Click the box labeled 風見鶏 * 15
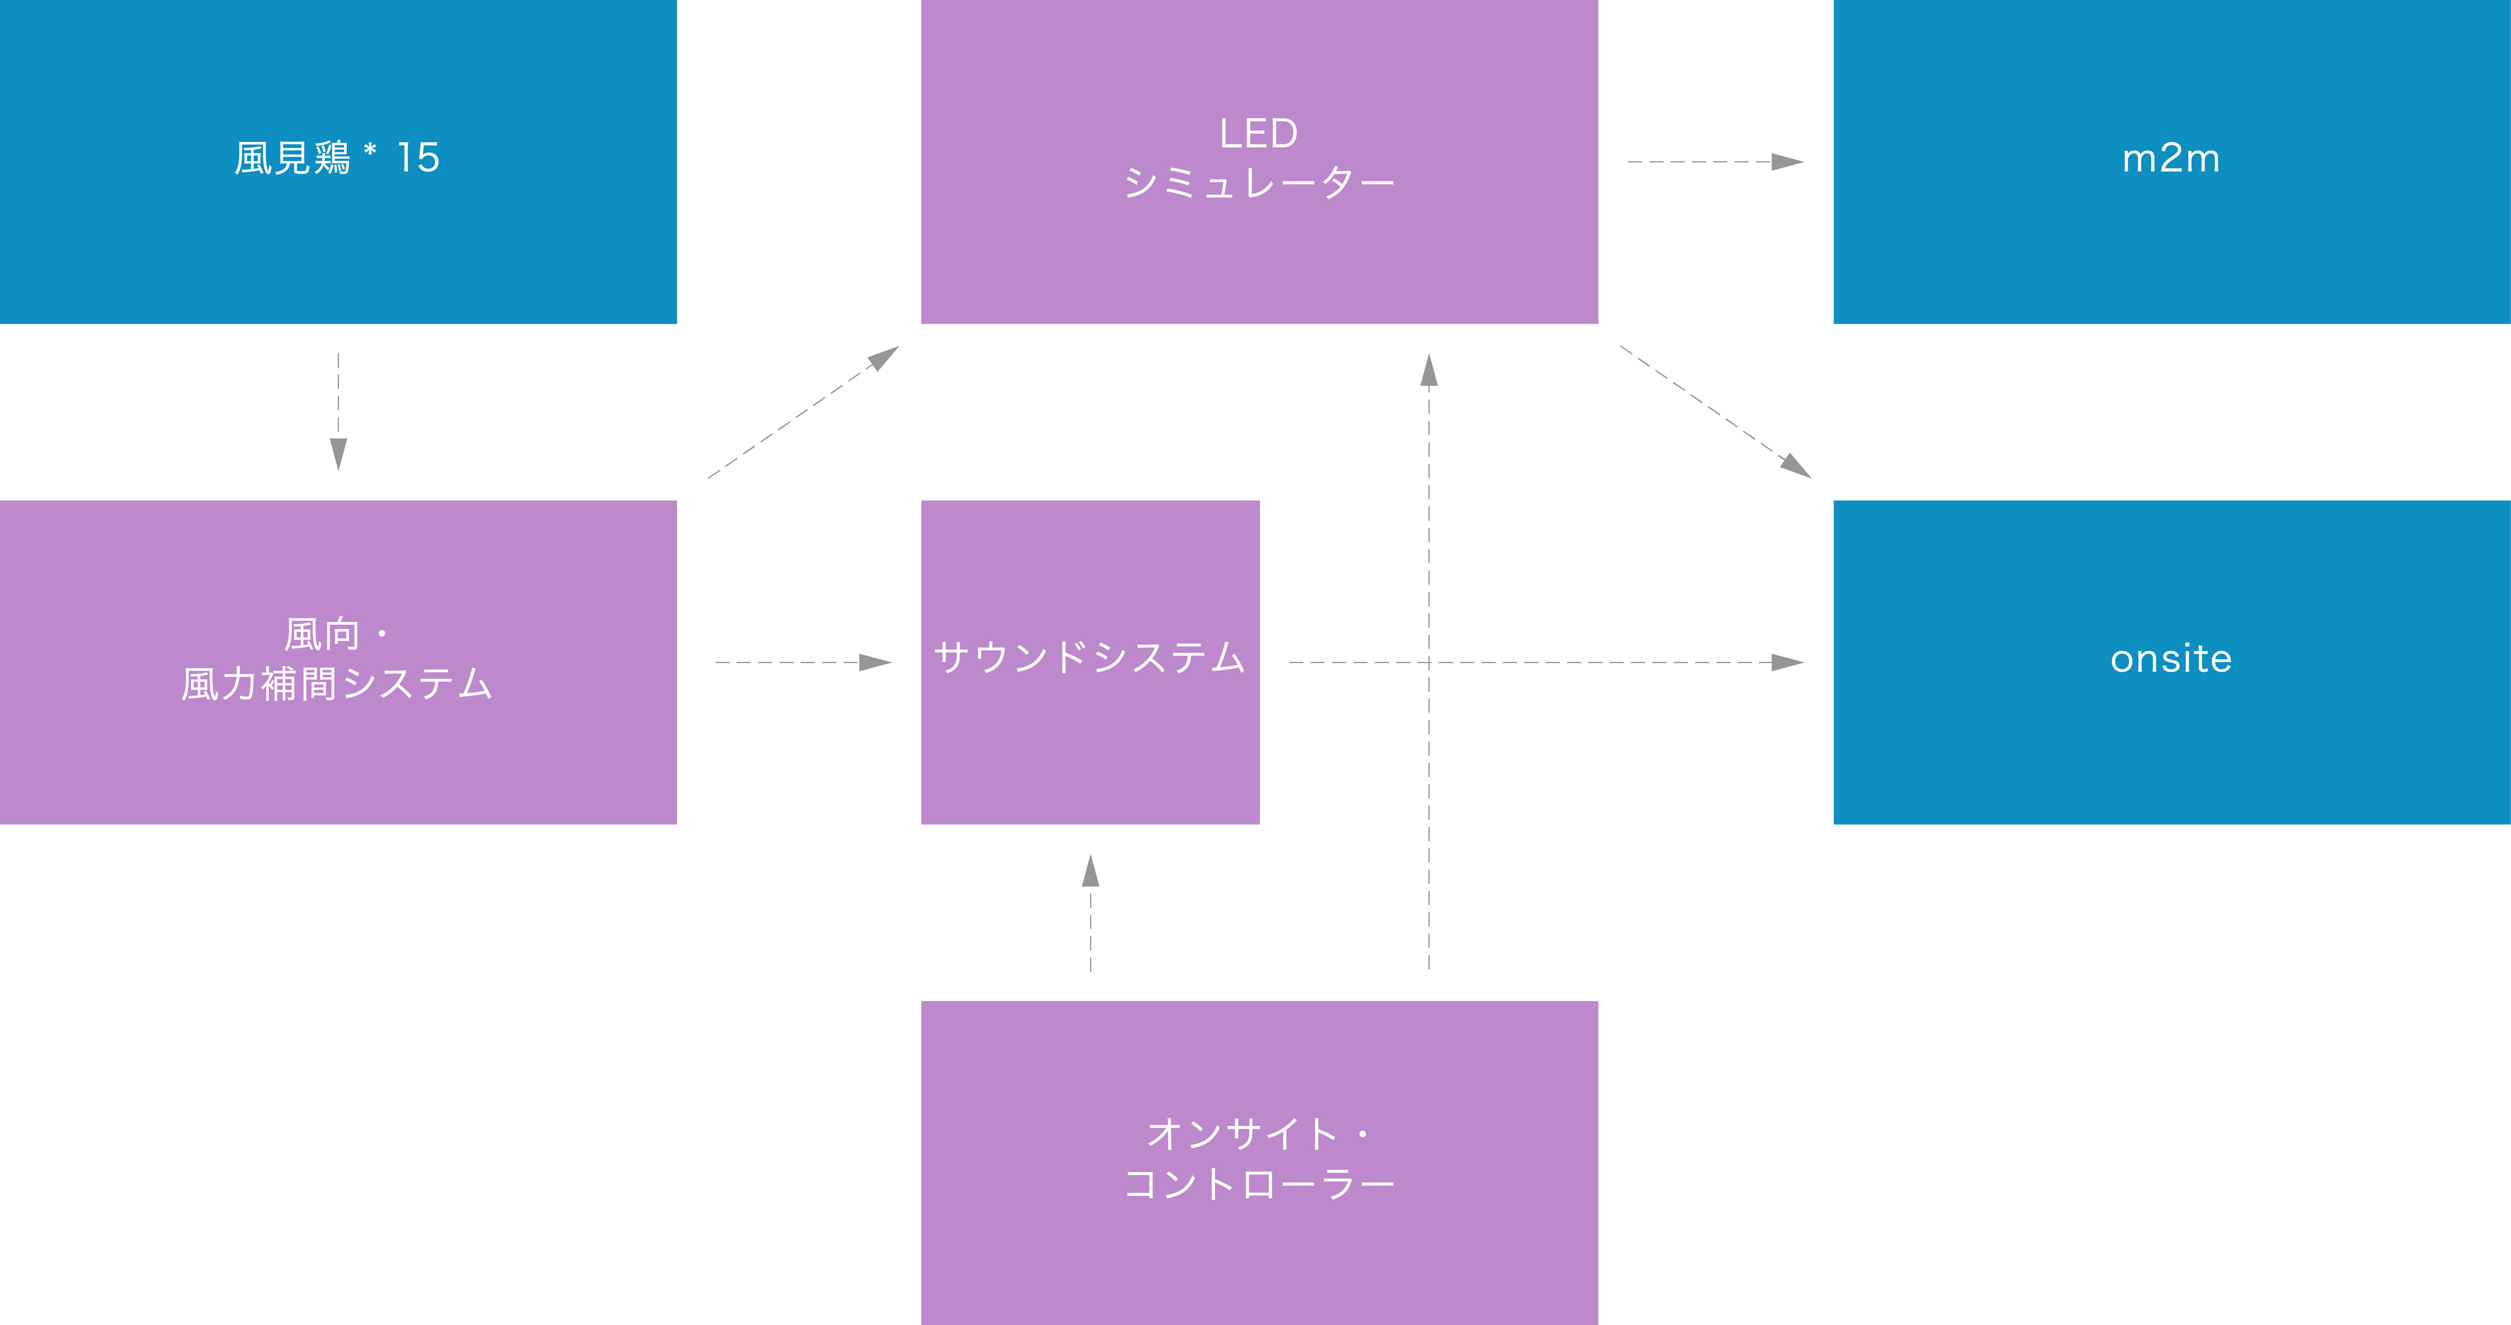[338, 162]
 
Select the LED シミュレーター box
[1259, 162]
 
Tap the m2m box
[2172, 162]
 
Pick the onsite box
[2172, 662]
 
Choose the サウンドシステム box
[1090, 662]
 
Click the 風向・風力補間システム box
[338, 662]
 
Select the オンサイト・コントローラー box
[1259, 1162]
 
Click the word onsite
[2172, 659]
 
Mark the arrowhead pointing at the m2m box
[1788, 162]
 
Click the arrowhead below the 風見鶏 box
[338, 454]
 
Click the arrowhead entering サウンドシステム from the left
[875, 662]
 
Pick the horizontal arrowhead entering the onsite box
[1788, 662]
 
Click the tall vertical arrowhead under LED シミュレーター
[1429, 370]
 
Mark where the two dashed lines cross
[1429, 662]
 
